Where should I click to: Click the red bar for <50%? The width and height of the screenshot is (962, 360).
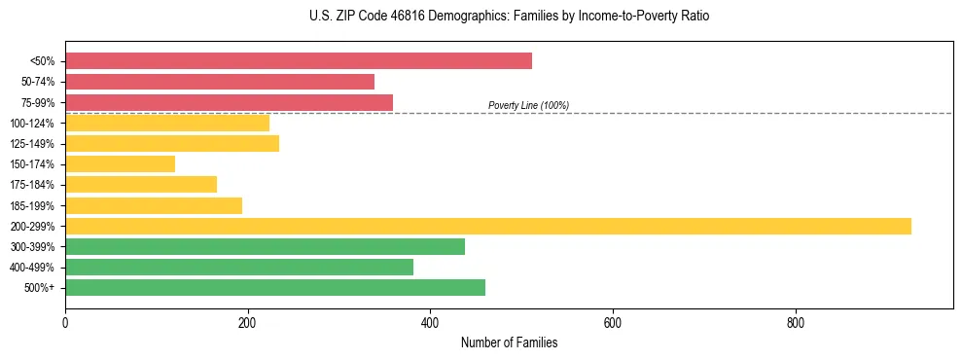[299, 61]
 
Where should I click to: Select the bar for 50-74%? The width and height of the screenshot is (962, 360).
[220, 82]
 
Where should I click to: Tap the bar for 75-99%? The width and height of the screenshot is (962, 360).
[229, 102]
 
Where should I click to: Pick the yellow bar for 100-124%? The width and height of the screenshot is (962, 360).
[167, 123]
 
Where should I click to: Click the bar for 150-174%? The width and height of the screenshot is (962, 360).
[120, 164]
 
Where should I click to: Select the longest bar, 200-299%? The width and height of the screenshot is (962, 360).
[488, 226]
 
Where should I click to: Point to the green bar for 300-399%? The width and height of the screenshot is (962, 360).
[265, 246]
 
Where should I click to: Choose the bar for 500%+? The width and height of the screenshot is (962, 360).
[275, 287]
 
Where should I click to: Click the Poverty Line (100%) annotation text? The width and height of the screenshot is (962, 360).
[528, 105]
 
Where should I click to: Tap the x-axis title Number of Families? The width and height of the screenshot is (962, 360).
[509, 343]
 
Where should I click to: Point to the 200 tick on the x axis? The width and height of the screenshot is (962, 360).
[247, 322]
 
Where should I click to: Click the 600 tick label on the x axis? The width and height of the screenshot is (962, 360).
[613, 322]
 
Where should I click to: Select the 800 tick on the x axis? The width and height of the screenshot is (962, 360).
[796, 322]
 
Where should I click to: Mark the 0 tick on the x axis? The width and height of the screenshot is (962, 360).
[65, 322]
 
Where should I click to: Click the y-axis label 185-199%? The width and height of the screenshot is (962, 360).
[33, 205]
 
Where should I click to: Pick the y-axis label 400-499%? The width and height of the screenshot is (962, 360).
[33, 267]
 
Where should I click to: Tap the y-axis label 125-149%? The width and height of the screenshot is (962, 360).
[33, 144]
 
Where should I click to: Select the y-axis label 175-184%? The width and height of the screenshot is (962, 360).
[33, 185]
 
